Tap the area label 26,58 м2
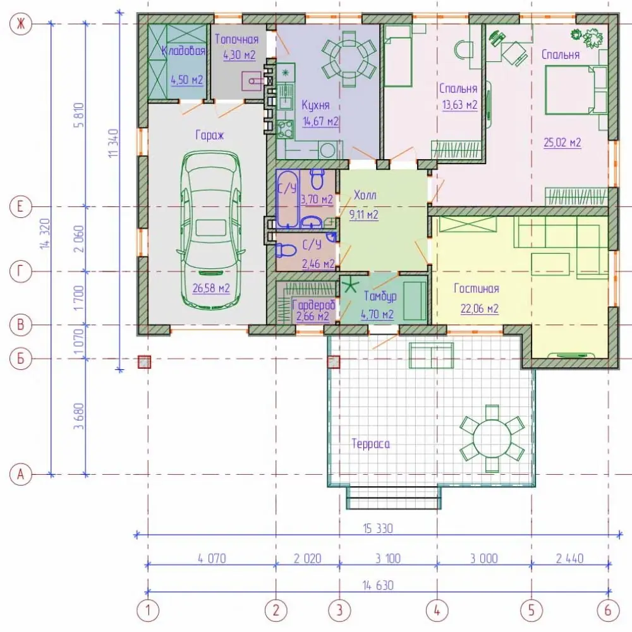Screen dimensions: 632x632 click(211, 288)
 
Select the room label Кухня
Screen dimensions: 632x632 click(315, 105)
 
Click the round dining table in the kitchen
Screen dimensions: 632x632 click(349, 59)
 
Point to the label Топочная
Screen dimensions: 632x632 click(236, 39)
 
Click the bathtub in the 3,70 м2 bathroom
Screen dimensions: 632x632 click(288, 199)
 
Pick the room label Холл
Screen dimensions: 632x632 click(365, 195)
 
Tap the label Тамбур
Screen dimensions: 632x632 click(380, 296)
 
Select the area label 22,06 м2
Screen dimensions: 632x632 click(480, 309)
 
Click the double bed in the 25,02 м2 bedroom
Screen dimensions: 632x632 click(570, 90)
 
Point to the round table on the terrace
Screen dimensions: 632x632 click(492, 438)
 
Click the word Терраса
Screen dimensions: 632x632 click(370, 444)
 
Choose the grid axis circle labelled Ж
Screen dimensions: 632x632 click(21, 24)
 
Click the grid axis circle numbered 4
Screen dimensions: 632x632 click(437, 611)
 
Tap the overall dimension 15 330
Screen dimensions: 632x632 click(378, 528)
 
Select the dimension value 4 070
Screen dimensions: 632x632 click(212, 558)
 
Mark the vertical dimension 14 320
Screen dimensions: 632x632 click(45, 234)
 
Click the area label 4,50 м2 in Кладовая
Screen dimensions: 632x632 click(187, 80)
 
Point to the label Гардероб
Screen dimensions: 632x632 click(314, 304)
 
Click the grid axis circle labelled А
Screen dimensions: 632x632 click(21, 474)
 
